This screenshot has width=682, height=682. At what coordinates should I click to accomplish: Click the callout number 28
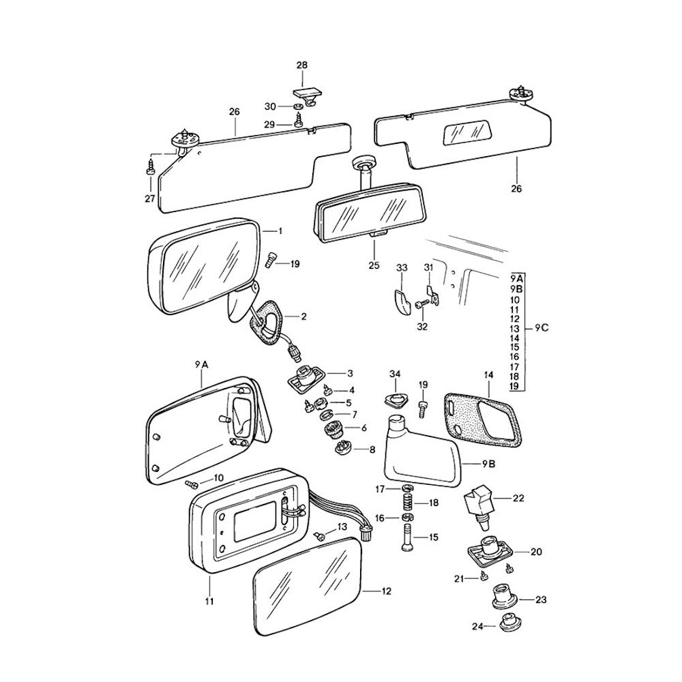coord(301,65)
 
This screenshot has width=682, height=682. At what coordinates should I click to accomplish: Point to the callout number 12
coord(387,591)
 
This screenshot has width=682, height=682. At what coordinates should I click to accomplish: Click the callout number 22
coord(518,499)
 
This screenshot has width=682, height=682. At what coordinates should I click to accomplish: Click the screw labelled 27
coord(151,170)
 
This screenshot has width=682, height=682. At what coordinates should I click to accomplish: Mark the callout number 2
coord(303,316)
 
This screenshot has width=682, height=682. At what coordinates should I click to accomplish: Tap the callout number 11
coord(209,602)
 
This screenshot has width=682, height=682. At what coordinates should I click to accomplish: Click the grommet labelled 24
coord(507,623)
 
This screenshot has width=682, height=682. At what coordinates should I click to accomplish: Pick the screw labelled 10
coord(191,484)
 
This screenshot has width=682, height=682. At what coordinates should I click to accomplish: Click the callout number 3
coord(349,373)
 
